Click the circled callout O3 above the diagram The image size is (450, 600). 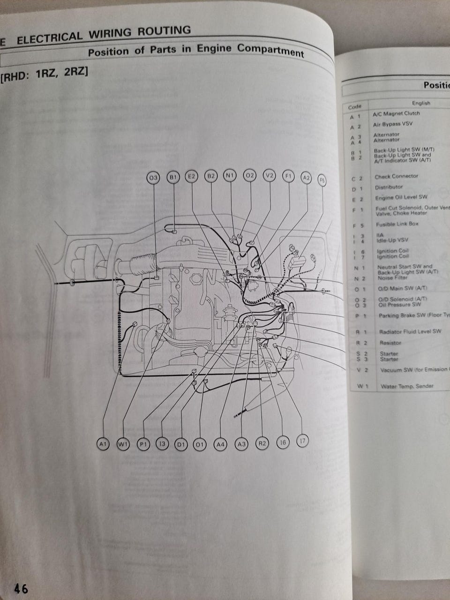click(x=153, y=178)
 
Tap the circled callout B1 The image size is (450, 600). click(x=173, y=177)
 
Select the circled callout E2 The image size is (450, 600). click(x=191, y=176)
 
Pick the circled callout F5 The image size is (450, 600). click(x=322, y=180)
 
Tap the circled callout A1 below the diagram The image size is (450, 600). click(x=103, y=443)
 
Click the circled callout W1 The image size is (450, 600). click(x=123, y=443)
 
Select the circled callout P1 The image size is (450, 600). click(x=143, y=444)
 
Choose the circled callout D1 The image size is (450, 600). click(x=180, y=444)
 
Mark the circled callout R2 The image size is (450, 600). click(x=262, y=443)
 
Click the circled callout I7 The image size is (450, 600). click(x=303, y=441)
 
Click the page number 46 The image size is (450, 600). click(x=21, y=588)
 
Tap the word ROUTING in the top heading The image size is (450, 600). click(x=164, y=32)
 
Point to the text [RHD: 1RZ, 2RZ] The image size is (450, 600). click(x=45, y=75)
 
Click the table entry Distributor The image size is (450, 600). click(x=388, y=187)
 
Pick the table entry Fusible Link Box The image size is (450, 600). click(x=397, y=224)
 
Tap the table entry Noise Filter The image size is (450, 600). click(x=392, y=277)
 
